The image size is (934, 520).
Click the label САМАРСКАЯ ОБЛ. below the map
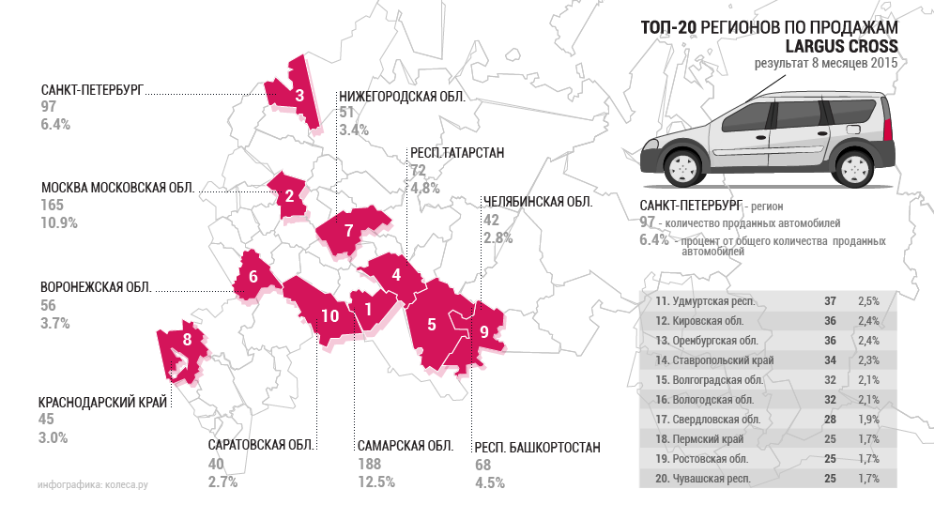coord(405,446)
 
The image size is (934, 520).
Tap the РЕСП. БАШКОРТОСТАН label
coord(537,447)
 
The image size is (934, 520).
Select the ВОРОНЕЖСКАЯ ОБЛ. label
coord(96,287)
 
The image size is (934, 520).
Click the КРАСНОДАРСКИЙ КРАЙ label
coord(102,401)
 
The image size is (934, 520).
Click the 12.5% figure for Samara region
coord(375,482)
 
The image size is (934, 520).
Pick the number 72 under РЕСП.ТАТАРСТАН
coord(419,170)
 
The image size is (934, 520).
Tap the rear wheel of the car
coord(854,169)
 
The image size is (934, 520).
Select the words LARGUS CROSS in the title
coord(841,46)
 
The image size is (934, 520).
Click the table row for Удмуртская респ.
coord(766,301)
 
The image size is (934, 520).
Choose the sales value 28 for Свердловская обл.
coord(830,420)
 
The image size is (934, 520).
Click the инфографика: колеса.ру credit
coord(93,485)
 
